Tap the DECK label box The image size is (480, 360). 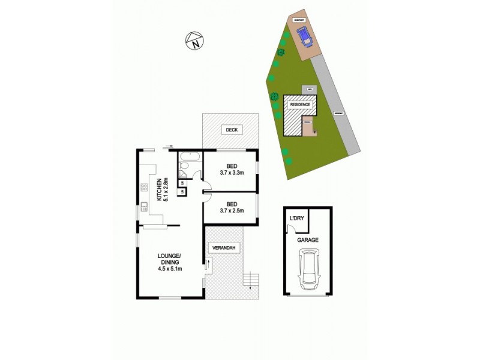coord(230,130)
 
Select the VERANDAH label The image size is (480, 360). coord(224,247)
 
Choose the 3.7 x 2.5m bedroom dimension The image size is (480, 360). coord(231,210)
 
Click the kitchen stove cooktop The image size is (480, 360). coord(144,187)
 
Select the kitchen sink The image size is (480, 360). coord(144,208)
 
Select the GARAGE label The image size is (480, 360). coord(307,240)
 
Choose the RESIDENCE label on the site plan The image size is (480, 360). coord(300,104)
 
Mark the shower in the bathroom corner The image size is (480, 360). coord(183,175)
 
